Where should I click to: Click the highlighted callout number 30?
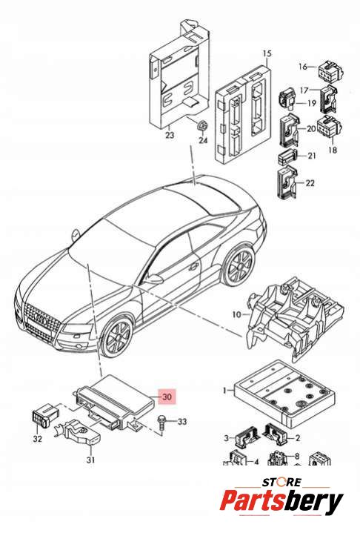[x=167, y=397]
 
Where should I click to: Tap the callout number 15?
[x=267, y=53]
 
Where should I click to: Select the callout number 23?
[x=170, y=135]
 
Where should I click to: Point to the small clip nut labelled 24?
[x=203, y=126]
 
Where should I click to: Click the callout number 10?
[x=236, y=315]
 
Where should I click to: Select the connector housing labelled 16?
[x=330, y=70]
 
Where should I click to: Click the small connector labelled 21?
[x=287, y=156]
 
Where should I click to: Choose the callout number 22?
[x=310, y=183]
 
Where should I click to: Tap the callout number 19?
[x=311, y=103]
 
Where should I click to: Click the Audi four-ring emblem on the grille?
[x=41, y=320]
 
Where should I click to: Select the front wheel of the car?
[x=116, y=337]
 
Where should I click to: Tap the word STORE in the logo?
[x=281, y=482]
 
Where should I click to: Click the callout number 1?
[x=224, y=391]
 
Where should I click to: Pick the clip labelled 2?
[x=276, y=434]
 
